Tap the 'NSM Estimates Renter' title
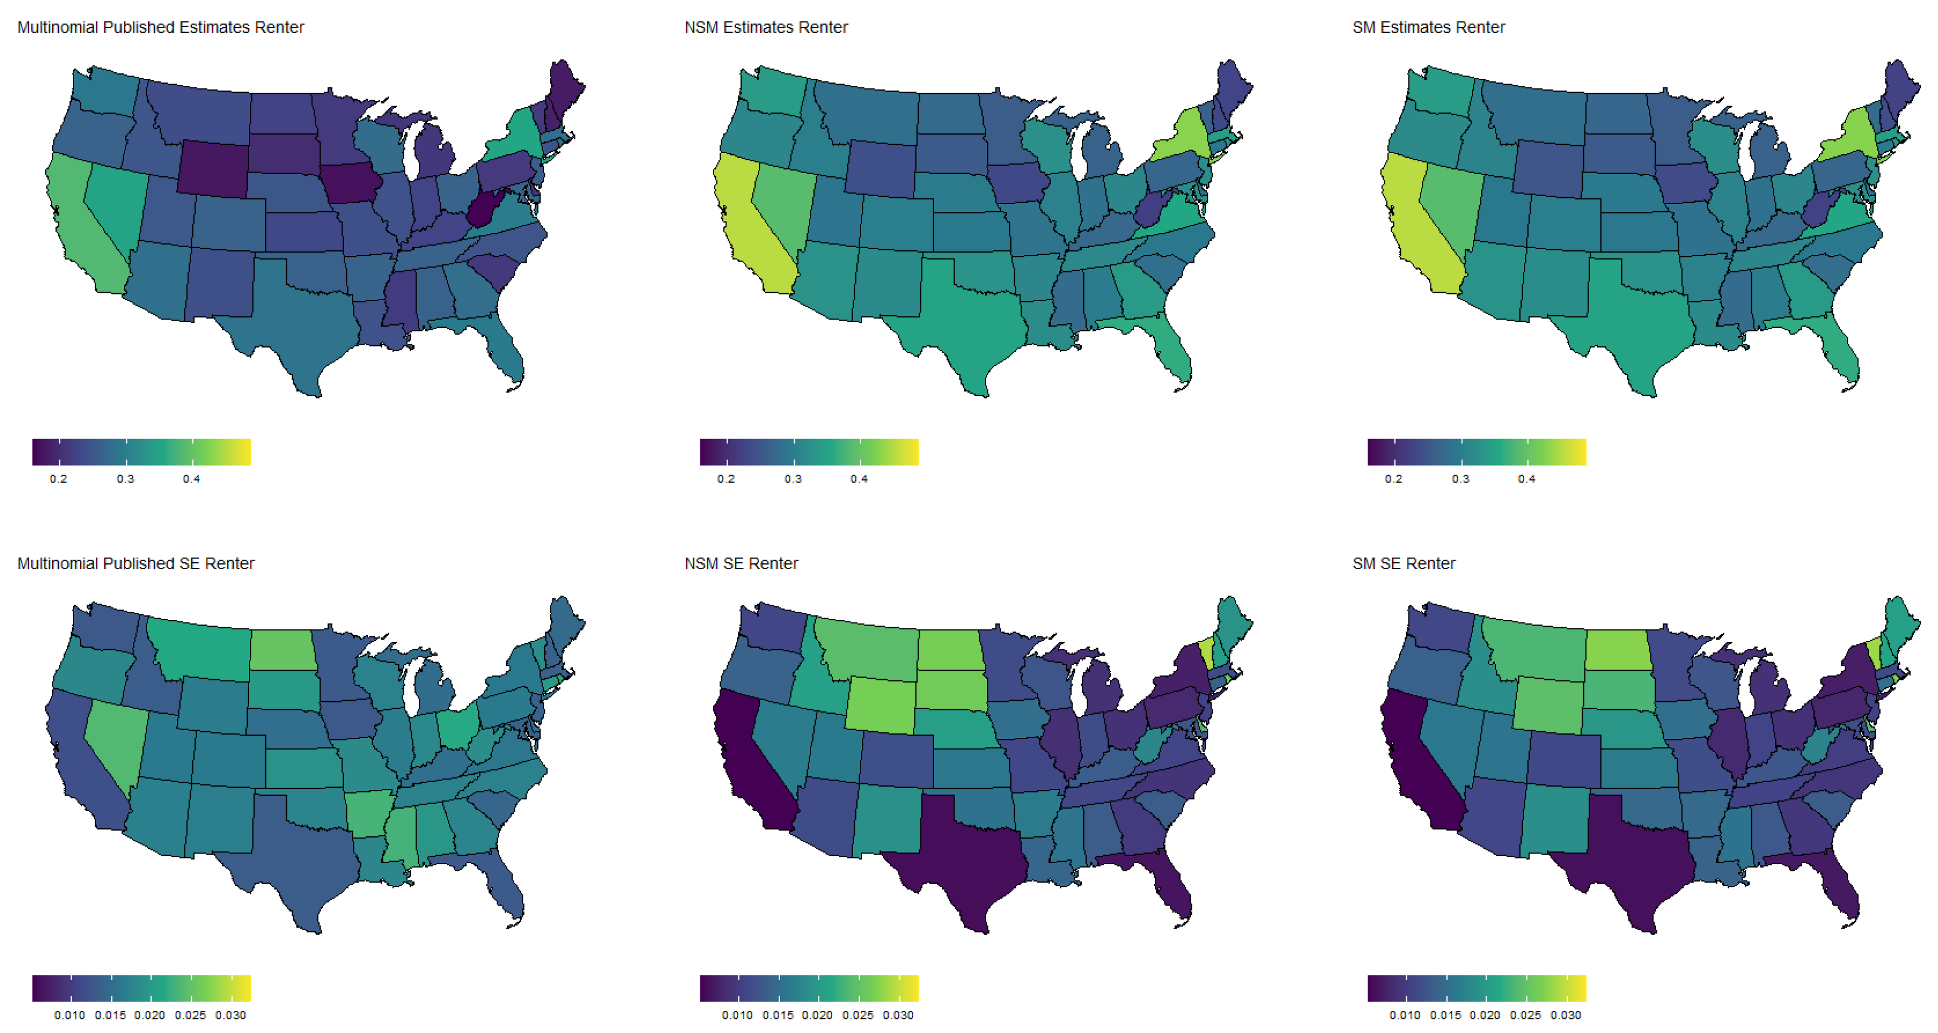pyautogui.click(x=766, y=27)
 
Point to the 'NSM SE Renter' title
pyautogui.click(x=741, y=563)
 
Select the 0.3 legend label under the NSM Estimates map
pyautogui.click(x=793, y=479)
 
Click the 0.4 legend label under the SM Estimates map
pyautogui.click(x=1527, y=479)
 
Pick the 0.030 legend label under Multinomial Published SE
pyautogui.click(x=230, y=1015)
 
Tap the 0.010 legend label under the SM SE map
pyautogui.click(x=1405, y=1015)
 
